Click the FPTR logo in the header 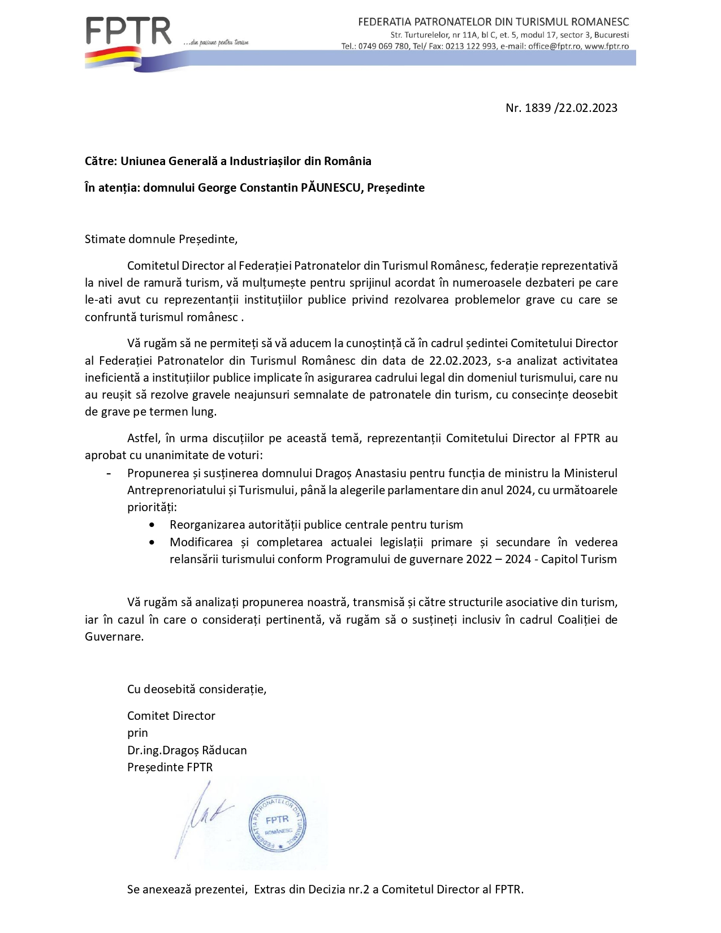(x=128, y=32)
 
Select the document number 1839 (x=537, y=108)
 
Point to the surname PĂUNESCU (x=331, y=188)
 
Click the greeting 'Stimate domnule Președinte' (x=161, y=239)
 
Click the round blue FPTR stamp (x=277, y=823)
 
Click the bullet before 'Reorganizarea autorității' (x=152, y=525)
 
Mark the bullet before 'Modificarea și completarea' (x=152, y=543)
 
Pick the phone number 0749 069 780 (x=383, y=46)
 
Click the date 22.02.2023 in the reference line (x=588, y=108)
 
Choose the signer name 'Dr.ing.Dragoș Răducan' (x=187, y=750)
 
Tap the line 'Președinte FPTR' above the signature (x=170, y=767)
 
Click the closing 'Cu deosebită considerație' (x=196, y=689)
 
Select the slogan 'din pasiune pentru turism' (x=216, y=42)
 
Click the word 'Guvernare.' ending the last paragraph (x=114, y=637)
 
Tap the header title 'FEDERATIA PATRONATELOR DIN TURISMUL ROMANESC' (x=493, y=22)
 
